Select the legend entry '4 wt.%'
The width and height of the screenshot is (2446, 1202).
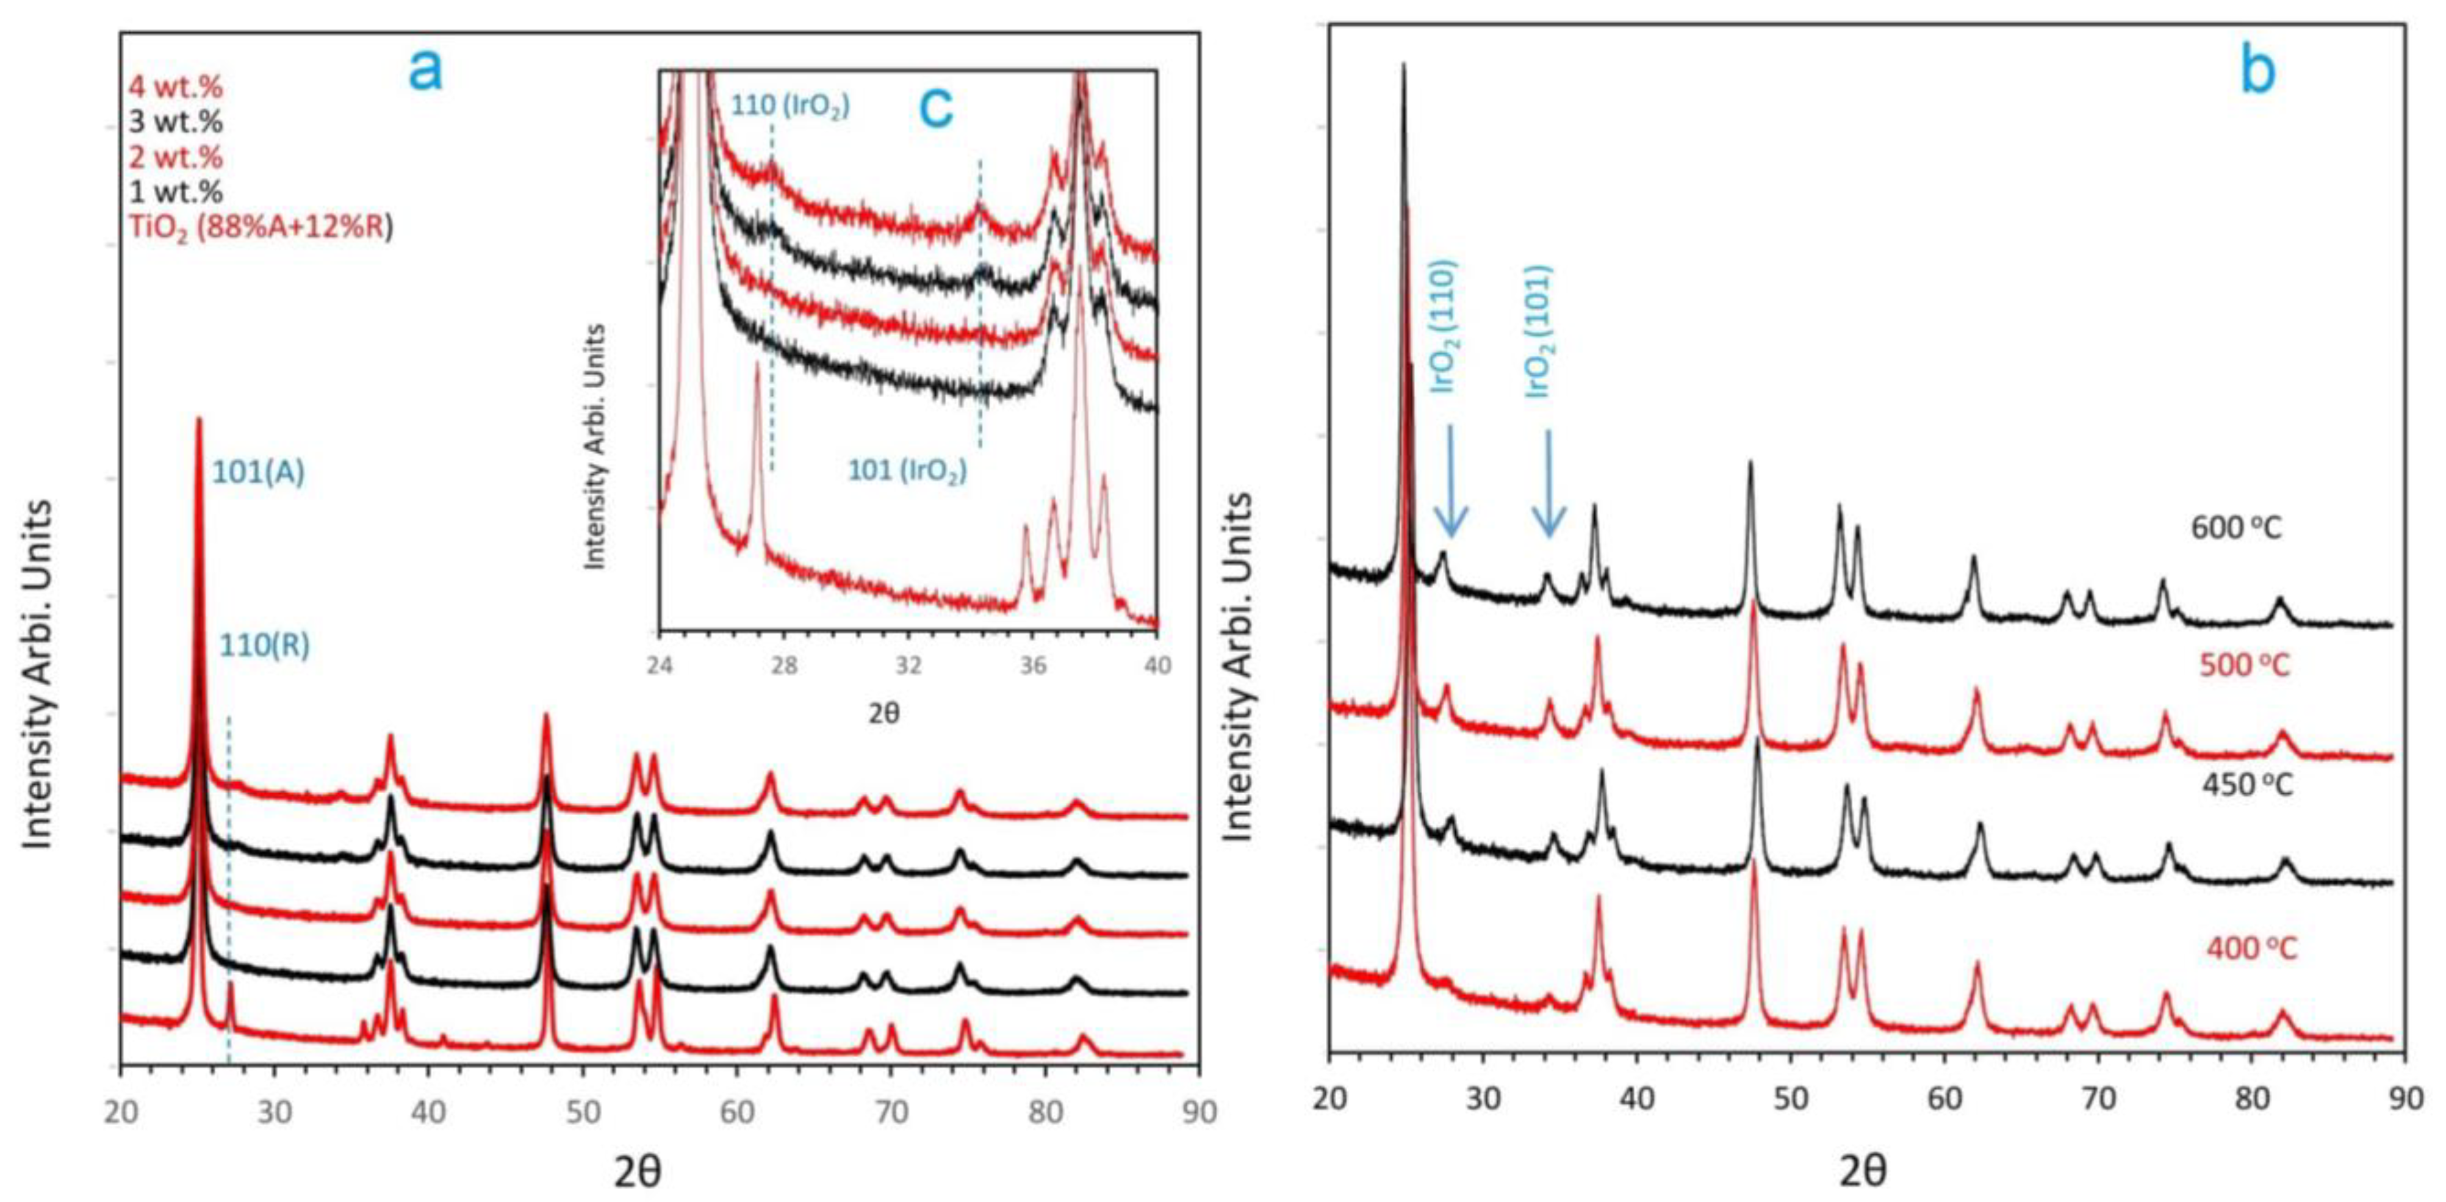tap(176, 87)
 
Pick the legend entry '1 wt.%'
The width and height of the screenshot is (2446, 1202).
tap(176, 192)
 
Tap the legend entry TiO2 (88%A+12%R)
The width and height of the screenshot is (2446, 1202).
tap(260, 228)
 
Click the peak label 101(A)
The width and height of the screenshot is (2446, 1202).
tap(257, 473)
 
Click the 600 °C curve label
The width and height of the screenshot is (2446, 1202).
tap(2236, 528)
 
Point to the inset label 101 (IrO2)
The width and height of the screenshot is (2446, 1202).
tap(907, 470)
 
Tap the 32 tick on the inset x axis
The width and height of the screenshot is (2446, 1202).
tap(908, 666)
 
